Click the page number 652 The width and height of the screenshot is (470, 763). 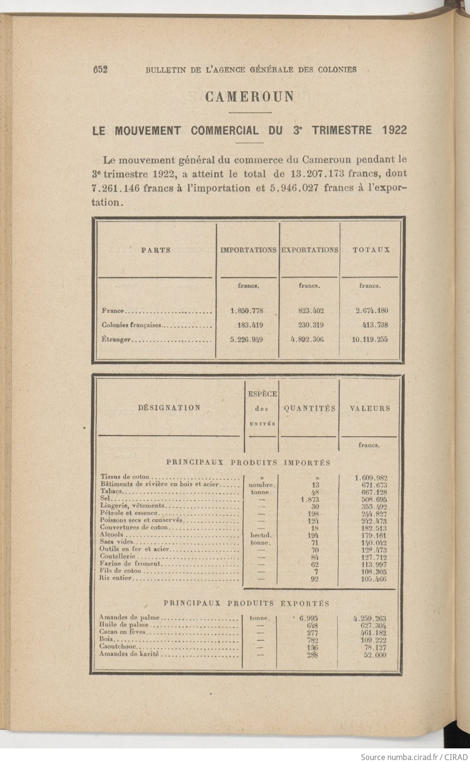pos(100,70)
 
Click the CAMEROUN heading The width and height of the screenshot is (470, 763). pos(250,96)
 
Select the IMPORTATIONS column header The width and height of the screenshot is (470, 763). pos(248,250)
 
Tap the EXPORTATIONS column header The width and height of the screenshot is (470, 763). pos(310,250)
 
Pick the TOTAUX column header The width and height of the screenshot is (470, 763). pos(371,250)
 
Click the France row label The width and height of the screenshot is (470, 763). pos(113,311)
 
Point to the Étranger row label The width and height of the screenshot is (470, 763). pos(116,340)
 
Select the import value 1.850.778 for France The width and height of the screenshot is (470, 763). pos(247,310)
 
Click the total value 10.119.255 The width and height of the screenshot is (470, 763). pos(370,340)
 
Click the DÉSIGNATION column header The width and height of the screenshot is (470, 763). pos(169,408)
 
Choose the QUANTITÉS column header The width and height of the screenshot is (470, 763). pos(309,409)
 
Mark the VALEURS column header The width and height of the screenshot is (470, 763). pos(370,409)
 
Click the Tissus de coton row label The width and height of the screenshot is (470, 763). pos(125,477)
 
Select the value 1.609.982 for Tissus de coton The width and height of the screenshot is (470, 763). pos(371,478)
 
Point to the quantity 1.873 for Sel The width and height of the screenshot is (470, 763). pos(309,499)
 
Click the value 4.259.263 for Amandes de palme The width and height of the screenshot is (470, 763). pos(370,618)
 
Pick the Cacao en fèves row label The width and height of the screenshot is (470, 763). pos(122,632)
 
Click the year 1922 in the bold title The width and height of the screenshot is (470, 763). pos(394,130)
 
